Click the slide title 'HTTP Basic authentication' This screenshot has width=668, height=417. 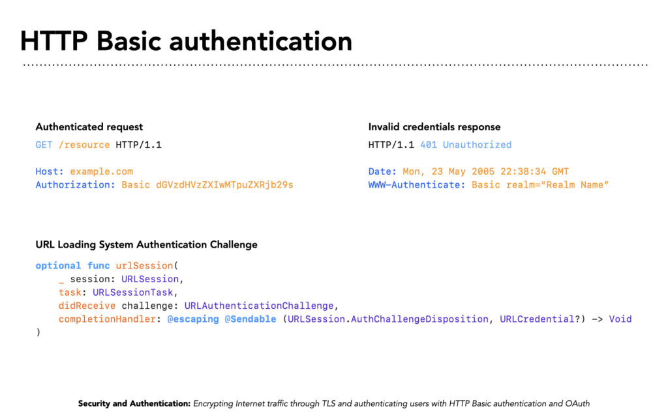tap(186, 42)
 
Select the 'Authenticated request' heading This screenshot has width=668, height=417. tap(89, 127)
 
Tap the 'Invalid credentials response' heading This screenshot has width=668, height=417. tap(434, 127)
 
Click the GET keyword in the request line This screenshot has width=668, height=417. tap(44, 145)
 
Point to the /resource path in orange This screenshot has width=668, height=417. tap(84, 145)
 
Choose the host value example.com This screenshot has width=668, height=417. tap(101, 172)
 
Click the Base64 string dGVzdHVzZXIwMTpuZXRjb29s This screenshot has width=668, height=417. tap(224, 185)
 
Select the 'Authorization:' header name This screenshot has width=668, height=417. tap(76, 185)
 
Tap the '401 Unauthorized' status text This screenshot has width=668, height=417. tap(466, 145)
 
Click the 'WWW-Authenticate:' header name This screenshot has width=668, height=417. tap(417, 185)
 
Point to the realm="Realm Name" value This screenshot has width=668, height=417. tap(557, 185)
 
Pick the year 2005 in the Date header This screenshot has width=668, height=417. tap(483, 172)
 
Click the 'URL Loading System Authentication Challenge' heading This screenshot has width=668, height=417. tap(147, 245)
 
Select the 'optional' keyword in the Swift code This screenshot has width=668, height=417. tap(58, 266)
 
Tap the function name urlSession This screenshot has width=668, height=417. tap(144, 266)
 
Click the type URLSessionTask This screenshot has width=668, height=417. tap(133, 293)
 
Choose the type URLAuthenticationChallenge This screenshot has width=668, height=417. tap(258, 306)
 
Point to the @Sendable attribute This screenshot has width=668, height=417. tap(250, 319)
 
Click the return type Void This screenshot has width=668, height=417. tap(620, 319)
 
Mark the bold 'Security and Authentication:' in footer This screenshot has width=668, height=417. tap(134, 403)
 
